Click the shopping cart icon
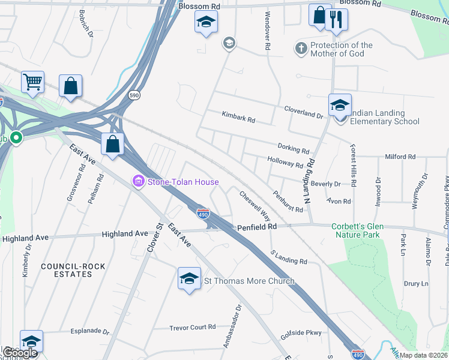[x=33, y=82]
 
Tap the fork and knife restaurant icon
[x=337, y=19]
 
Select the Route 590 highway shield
[x=134, y=95]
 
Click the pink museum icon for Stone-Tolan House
[x=139, y=181]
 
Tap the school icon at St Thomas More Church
[x=189, y=279]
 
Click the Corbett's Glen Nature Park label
[x=356, y=230]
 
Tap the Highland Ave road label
[x=125, y=233]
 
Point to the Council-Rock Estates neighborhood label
[x=67, y=269]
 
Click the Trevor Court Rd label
[x=192, y=327]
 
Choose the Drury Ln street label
[x=417, y=283]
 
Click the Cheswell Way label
[x=255, y=206]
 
